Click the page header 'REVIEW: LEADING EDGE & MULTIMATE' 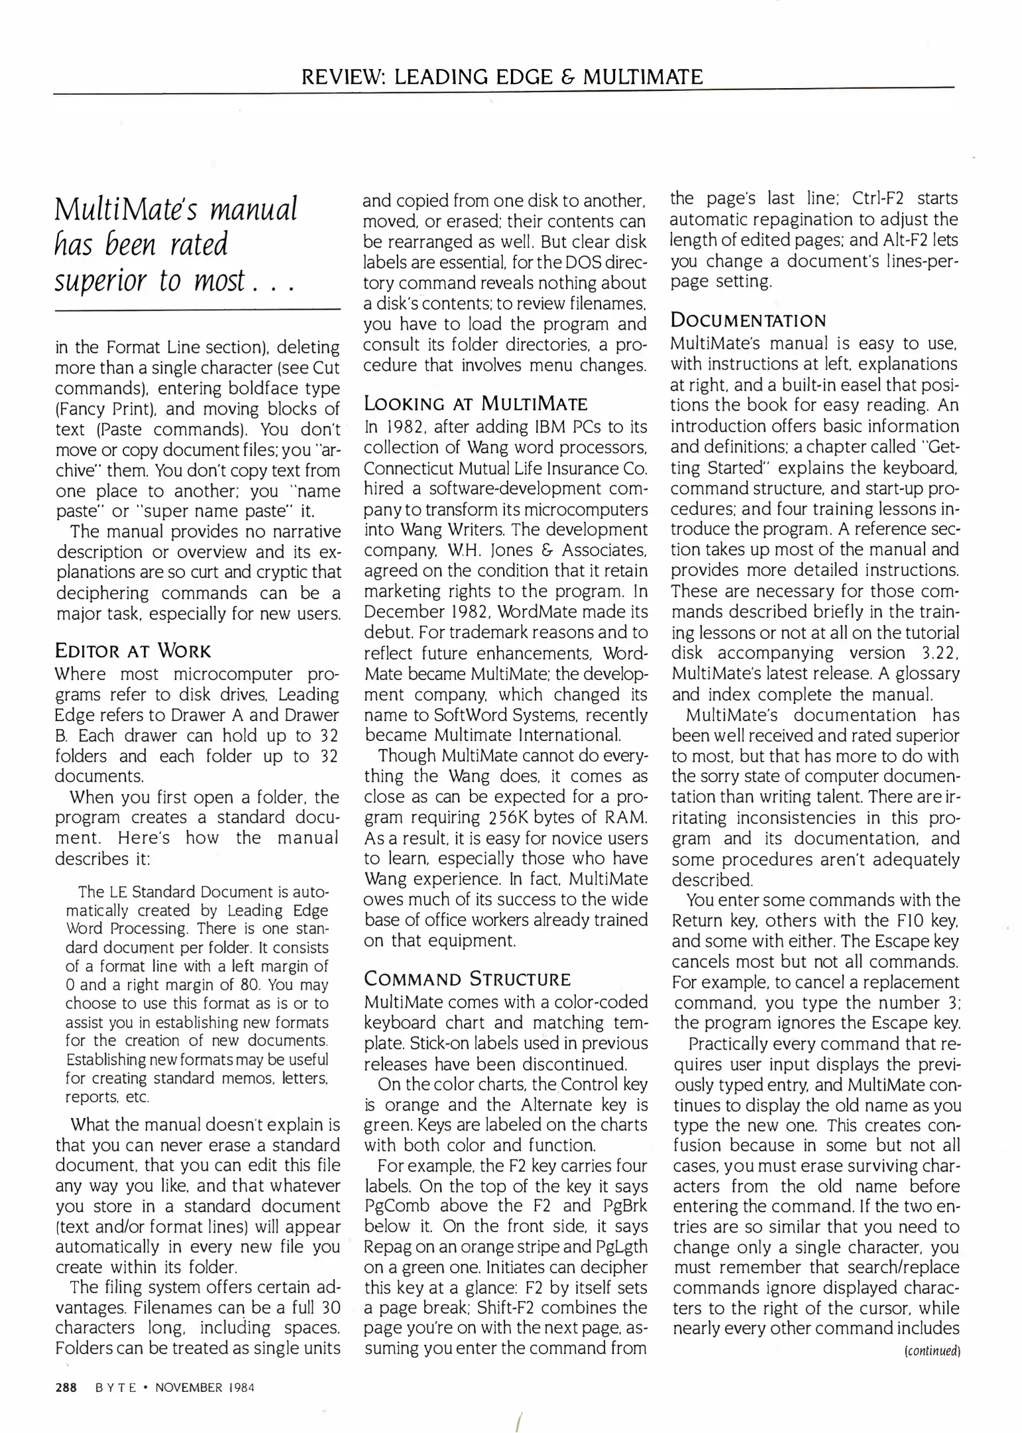point(502,77)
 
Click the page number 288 point(66,1387)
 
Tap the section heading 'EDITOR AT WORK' point(133,650)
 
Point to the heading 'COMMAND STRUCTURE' point(467,979)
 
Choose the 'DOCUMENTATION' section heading point(749,321)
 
